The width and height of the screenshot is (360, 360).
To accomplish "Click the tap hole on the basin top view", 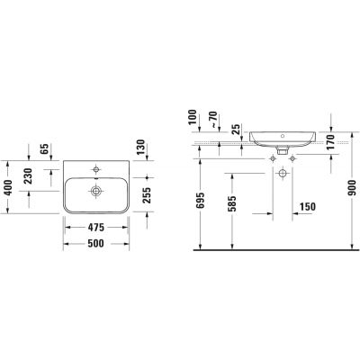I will tap(94, 167).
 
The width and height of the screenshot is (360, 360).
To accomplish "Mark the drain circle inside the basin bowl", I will tap(94, 190).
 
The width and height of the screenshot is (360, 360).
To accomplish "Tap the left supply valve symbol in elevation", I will tap(274, 157).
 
